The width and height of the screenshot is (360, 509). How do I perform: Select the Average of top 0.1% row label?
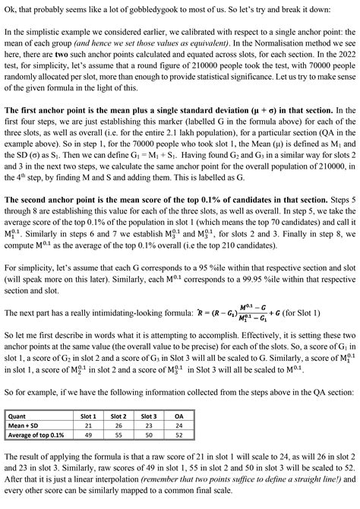coord(36,437)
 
